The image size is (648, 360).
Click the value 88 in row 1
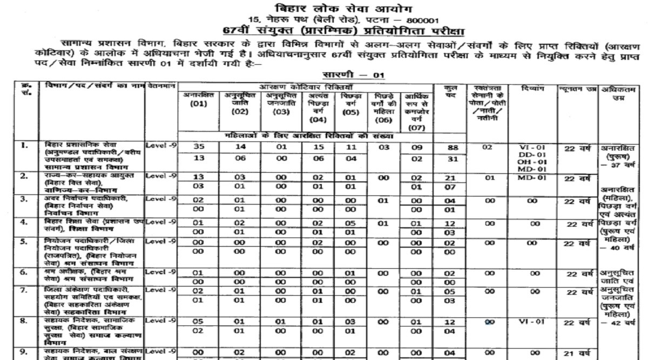[x=449, y=146]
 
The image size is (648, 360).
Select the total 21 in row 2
[x=449, y=177]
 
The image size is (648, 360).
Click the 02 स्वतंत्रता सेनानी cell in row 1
[x=488, y=146]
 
